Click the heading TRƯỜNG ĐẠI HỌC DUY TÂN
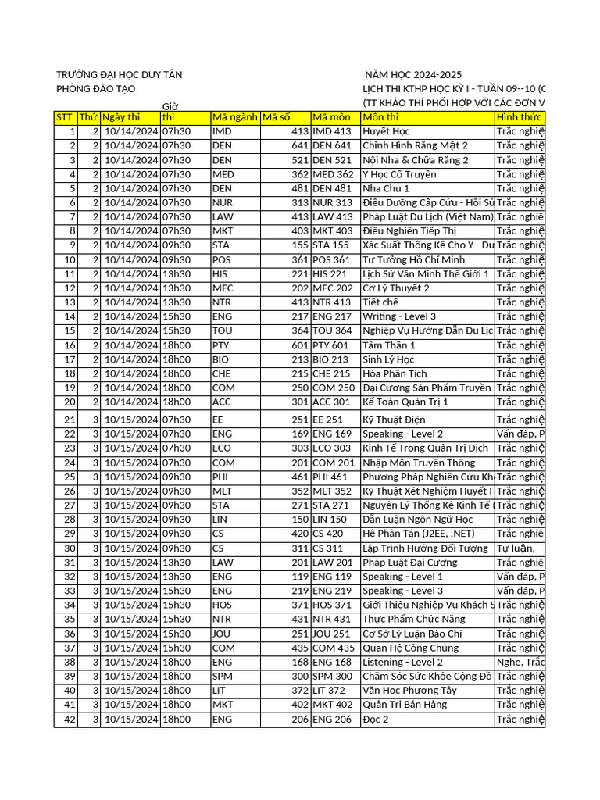click(119, 74)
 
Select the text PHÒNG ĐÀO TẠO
click(96, 89)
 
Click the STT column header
click(65, 117)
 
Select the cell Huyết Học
click(386, 131)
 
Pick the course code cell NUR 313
click(332, 202)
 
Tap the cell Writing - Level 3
click(399, 316)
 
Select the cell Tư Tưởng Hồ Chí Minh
click(413, 259)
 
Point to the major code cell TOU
click(223, 330)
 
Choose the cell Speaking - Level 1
click(402, 577)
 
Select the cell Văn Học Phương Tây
click(409, 690)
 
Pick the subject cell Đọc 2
click(376, 719)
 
